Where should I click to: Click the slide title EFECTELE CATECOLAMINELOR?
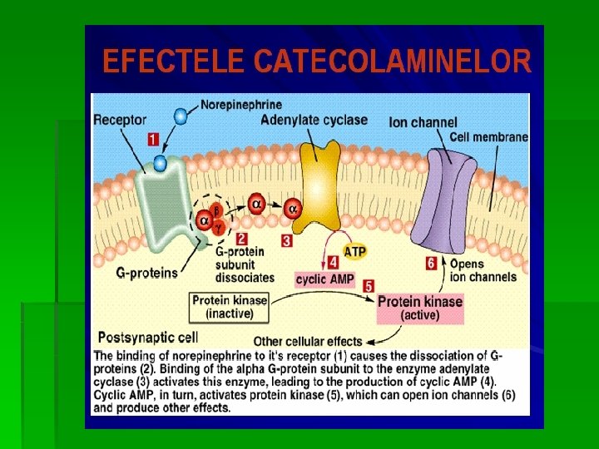tap(316, 62)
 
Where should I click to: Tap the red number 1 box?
tap(154, 140)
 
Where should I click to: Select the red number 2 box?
tap(240, 238)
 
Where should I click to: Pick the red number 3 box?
tap(286, 241)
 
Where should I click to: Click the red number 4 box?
tap(332, 262)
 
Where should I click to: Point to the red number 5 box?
tap(369, 285)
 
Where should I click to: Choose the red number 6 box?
tap(431, 264)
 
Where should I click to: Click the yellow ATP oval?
tap(354, 251)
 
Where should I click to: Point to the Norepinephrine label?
tap(241, 105)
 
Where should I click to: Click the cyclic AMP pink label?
tap(325, 279)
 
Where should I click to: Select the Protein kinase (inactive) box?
tap(230, 307)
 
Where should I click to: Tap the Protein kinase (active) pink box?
tap(419, 308)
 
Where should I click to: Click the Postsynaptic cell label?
tap(148, 338)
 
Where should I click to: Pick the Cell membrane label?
tap(488, 137)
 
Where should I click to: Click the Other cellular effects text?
tap(308, 341)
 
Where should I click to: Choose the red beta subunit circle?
tap(216, 210)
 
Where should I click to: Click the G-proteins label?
tap(146, 272)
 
